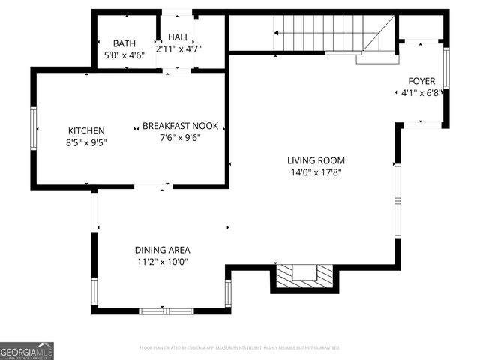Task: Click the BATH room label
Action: [124, 43]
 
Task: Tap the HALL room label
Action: [178, 37]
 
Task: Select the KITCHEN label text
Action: [86, 130]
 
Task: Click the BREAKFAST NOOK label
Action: [180, 126]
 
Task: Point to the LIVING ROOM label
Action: [316, 160]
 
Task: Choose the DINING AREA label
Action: [162, 250]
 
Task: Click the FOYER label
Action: [421, 81]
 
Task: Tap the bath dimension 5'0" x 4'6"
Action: [124, 54]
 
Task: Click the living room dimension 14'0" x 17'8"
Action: [316, 172]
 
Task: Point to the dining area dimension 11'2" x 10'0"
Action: [162, 262]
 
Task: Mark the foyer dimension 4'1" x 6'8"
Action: [421, 93]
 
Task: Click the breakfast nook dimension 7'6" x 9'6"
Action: [180, 137]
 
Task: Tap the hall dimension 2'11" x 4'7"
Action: [178, 49]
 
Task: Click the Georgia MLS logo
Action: [27, 350]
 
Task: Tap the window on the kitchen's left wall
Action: [33, 129]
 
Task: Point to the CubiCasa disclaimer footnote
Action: [240, 348]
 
